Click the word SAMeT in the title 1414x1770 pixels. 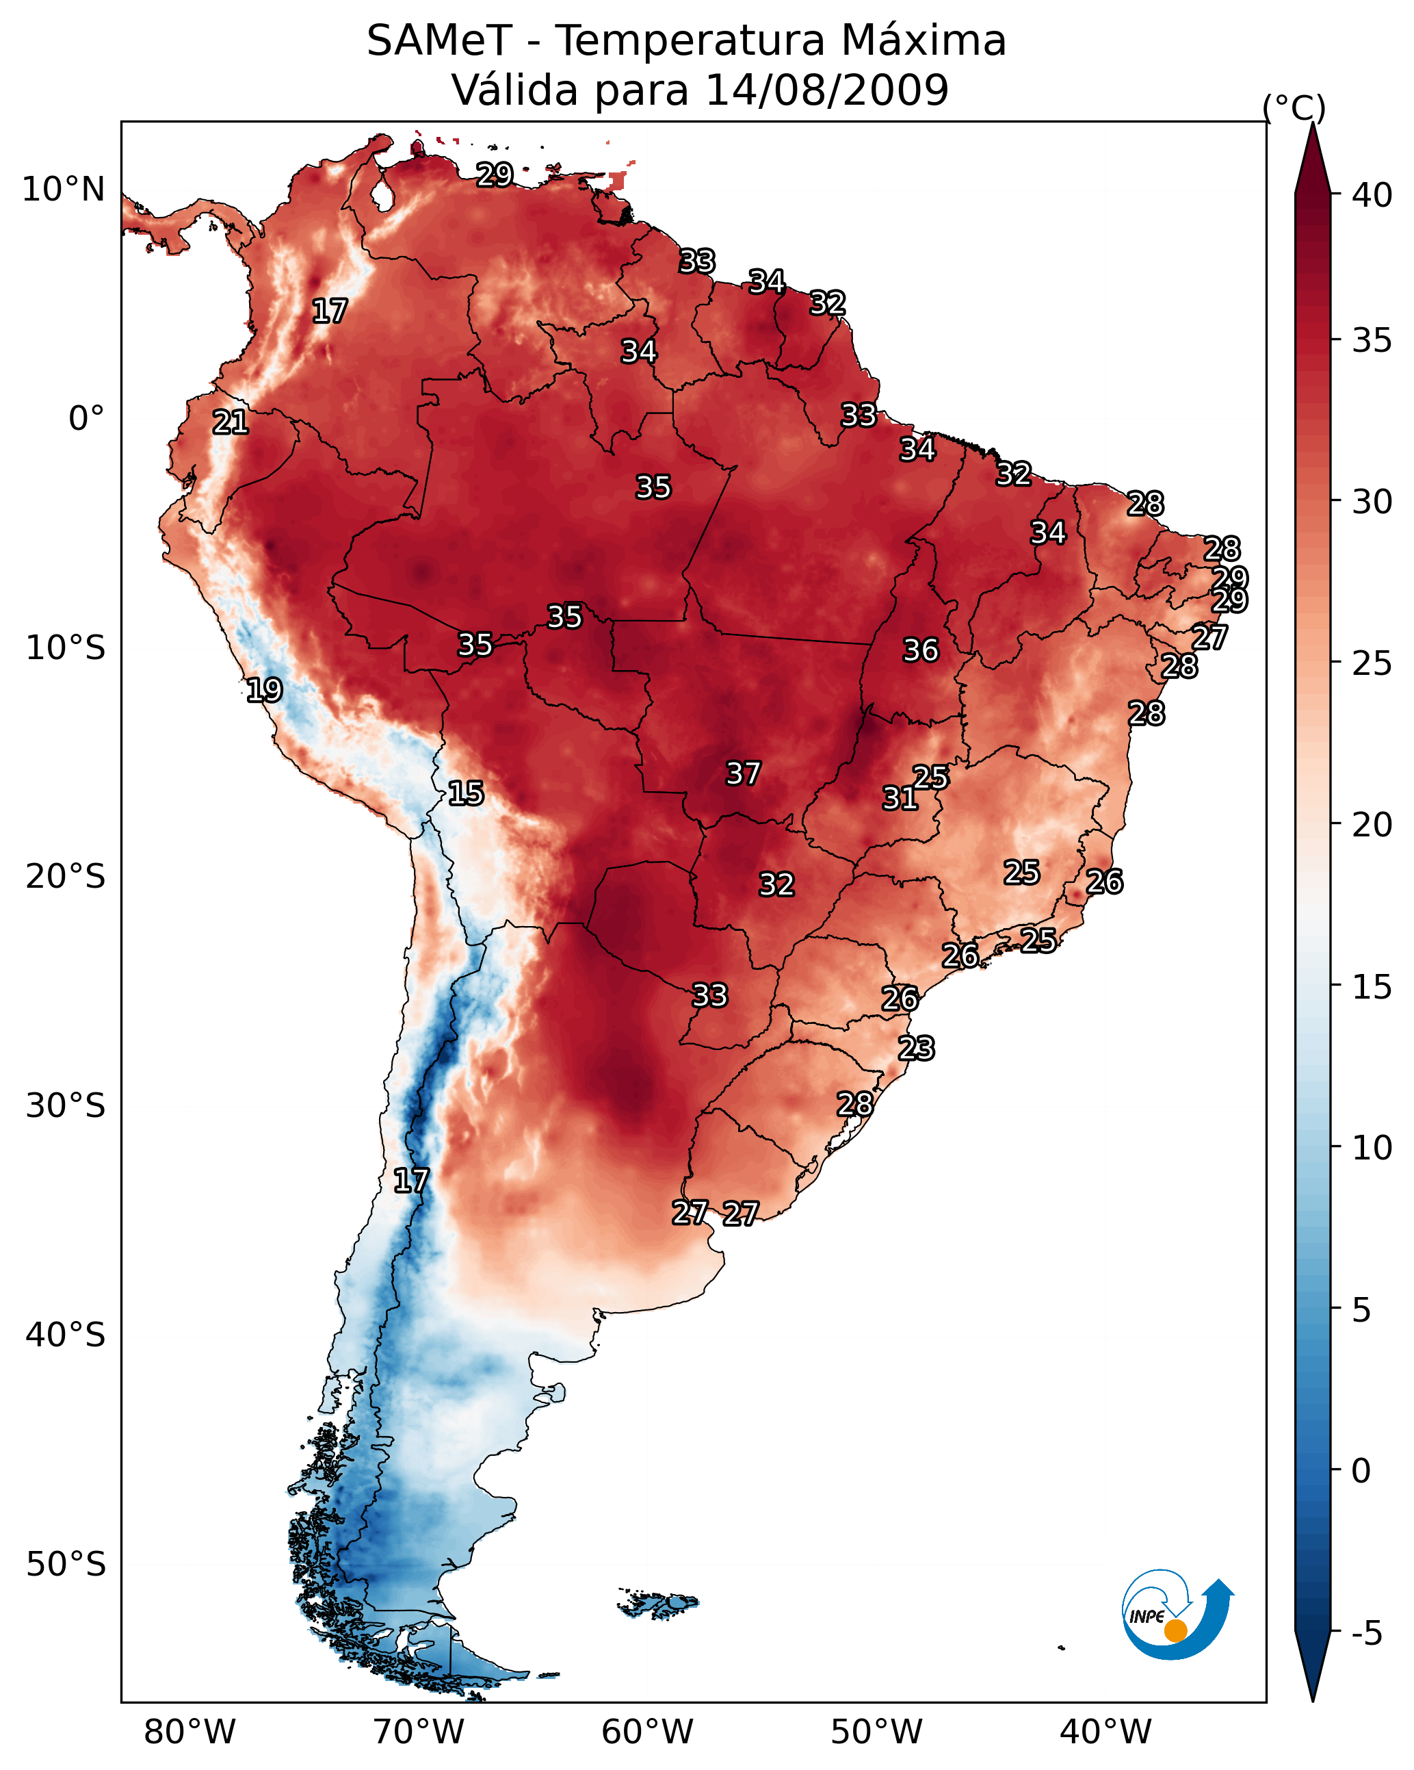tap(439, 40)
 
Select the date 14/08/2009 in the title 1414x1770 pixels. tap(826, 90)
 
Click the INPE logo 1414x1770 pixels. tap(1178, 1618)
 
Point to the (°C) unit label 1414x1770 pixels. tap(1294, 107)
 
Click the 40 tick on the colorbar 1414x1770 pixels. tap(1372, 195)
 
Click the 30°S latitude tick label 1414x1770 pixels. tap(66, 1106)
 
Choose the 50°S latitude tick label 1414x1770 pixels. tap(66, 1565)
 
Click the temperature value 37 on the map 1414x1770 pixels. tap(744, 773)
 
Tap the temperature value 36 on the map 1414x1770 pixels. tap(921, 650)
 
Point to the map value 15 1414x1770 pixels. tap(466, 793)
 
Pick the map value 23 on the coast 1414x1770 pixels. tap(917, 1049)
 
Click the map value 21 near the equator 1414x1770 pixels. tap(231, 422)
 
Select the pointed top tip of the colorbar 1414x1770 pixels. tap(1312, 123)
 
